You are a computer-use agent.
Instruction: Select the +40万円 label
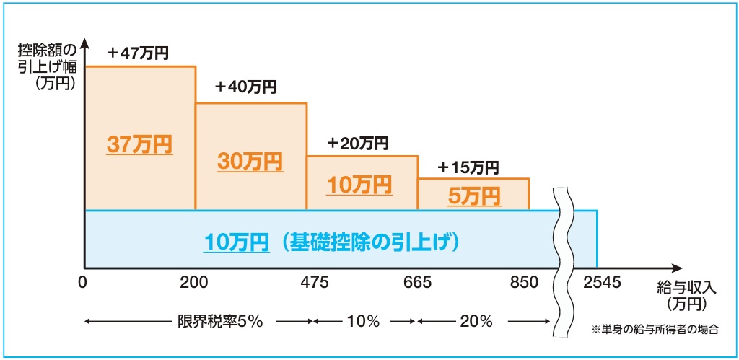[x=245, y=87]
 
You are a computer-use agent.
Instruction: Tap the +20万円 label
[x=357, y=142]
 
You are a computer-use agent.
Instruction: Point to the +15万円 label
[x=468, y=168]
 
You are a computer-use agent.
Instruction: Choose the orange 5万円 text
[x=473, y=196]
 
